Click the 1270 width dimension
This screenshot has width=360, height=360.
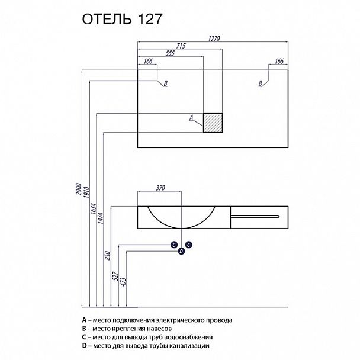coord(213,38)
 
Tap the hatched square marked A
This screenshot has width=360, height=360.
coord(212,123)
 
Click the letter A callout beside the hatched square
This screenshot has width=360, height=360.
coord(191,118)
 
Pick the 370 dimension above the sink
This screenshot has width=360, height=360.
coord(160,188)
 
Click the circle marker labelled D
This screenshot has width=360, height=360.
coord(182,251)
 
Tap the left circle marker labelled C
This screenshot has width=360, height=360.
coord(175,244)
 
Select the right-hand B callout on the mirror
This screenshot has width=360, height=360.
coord(260,84)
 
